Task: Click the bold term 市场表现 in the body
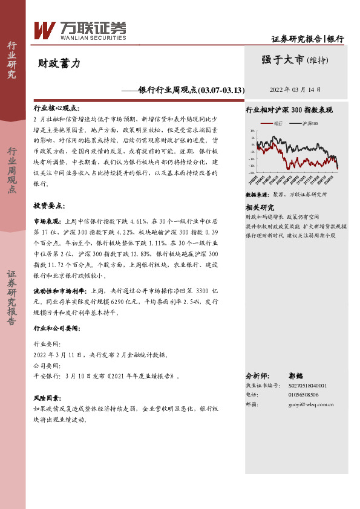[x=46, y=221]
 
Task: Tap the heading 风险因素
[x=47, y=399]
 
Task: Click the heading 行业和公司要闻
[x=56, y=328]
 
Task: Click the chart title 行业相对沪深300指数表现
[x=289, y=111]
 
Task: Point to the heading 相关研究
[x=260, y=206]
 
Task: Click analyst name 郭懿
[x=295, y=375]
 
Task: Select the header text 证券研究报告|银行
[x=307, y=39]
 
